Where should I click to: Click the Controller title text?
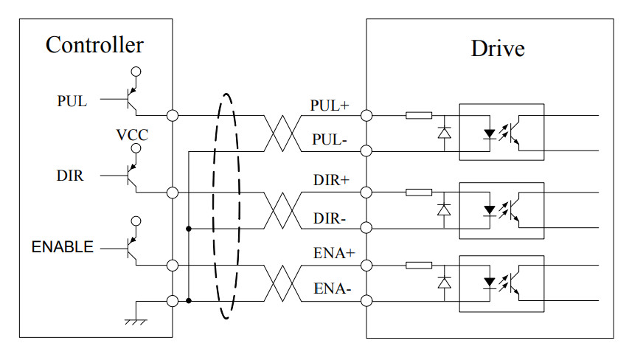tap(94, 45)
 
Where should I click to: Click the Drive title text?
tap(498, 49)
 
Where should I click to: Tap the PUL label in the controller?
tap(72, 102)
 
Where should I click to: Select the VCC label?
tap(133, 136)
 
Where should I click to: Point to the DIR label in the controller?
tap(70, 176)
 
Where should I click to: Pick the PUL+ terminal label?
tap(329, 105)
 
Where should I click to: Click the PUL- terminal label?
tap(329, 139)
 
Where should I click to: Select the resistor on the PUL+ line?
tap(419, 115)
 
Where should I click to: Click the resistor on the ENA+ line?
tap(419, 265)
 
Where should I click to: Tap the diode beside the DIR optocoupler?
tap(444, 209)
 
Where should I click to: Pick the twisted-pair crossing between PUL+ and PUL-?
tap(282, 134)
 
